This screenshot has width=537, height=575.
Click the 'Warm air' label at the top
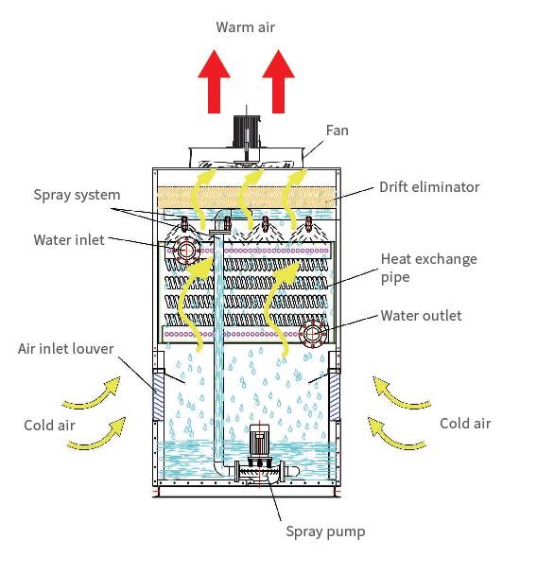coord(245,27)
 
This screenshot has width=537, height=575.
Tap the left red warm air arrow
coord(214,81)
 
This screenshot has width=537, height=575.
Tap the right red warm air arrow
coord(278,81)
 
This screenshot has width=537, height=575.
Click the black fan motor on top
coord(247,131)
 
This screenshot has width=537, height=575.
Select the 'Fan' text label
coord(337,131)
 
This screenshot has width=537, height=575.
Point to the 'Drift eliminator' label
coord(429,187)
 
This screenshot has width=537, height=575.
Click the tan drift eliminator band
coord(247,198)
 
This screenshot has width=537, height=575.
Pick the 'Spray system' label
coord(77,195)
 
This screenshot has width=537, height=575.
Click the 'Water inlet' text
coord(69,240)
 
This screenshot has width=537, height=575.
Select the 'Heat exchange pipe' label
coord(429,268)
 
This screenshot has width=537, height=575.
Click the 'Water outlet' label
coord(421,316)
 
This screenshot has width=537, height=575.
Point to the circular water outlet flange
coord(312,334)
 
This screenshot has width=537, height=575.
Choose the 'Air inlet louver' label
coord(66,349)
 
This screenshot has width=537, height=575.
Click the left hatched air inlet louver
coord(158,395)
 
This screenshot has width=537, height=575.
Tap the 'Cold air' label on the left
coord(49,426)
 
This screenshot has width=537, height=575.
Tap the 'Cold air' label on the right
coord(465,424)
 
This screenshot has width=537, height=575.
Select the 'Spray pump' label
coord(325,531)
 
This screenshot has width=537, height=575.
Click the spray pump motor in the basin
coord(259,444)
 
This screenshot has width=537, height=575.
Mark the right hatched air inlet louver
coord(335,395)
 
